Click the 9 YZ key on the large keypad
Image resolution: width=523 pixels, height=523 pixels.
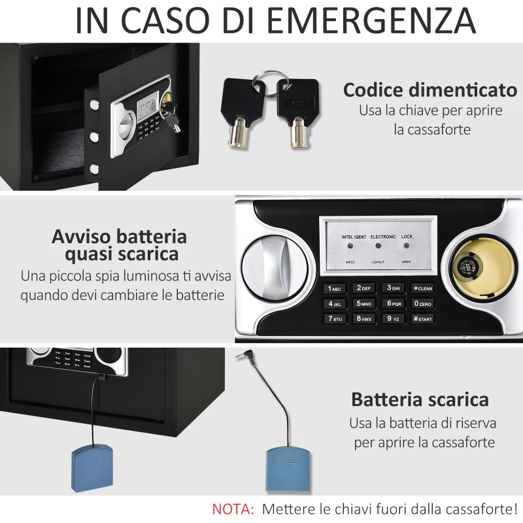click(x=394, y=319)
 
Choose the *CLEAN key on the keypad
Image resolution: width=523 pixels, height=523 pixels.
click(x=423, y=288)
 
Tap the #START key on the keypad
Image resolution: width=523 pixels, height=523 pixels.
click(x=423, y=319)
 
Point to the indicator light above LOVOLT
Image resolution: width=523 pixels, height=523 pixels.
click(x=378, y=246)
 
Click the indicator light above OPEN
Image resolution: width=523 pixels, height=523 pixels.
click(x=406, y=246)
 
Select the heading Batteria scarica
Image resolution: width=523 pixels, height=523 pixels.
click(x=420, y=399)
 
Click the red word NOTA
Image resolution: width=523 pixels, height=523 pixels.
click(x=233, y=508)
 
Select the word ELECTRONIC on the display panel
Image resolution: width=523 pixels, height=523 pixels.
click(x=382, y=236)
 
